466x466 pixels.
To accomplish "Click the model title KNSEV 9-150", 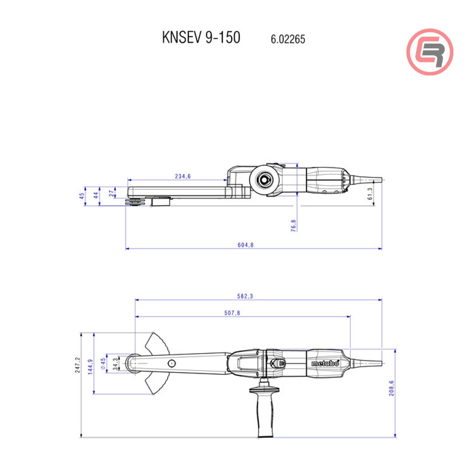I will coord(201,38).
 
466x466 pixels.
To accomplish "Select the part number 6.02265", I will coord(288,40).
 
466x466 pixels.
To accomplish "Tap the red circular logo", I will coord(430,51).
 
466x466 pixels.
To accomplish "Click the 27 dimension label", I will coord(111,193).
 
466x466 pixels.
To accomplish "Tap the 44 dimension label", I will coord(96,195).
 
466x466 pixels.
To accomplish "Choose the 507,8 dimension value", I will coord(232,313).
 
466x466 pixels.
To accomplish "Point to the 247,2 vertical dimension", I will coord(78,365).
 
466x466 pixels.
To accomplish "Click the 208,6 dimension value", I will coord(391,388).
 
